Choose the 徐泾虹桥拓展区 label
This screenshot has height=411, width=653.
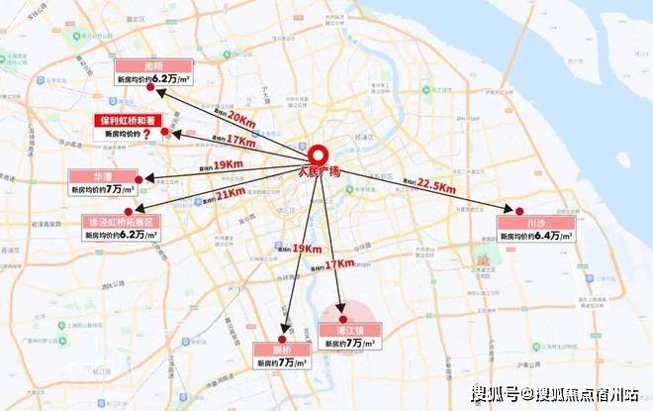[119, 223]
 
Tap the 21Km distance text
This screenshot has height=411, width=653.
[230, 192]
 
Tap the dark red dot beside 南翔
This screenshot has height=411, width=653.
[149, 87]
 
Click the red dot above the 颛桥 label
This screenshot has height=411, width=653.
[285, 334]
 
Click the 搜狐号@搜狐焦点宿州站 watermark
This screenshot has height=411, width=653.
[554, 392]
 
